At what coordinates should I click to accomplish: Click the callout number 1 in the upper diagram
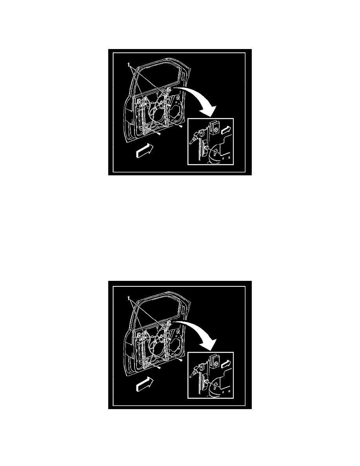pos(128,64)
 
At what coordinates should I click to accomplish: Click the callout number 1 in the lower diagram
pos(128,298)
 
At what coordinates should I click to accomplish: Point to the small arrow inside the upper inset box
pos(226,130)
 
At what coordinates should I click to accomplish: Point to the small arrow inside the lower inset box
pos(226,364)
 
